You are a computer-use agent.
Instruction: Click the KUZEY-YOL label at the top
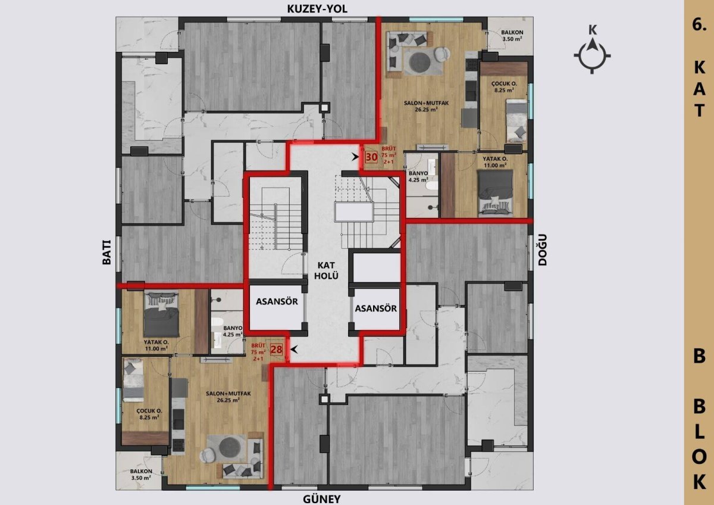click(x=317, y=9)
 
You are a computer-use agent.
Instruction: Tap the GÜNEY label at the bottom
click(x=322, y=498)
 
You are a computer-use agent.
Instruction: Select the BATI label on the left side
click(x=107, y=252)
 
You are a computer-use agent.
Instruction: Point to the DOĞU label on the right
click(x=542, y=250)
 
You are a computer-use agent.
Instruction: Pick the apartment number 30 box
click(x=372, y=157)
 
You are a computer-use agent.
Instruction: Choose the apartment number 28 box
click(x=276, y=350)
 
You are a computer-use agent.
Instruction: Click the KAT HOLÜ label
click(x=326, y=270)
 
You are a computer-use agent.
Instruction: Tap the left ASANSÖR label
click(x=277, y=301)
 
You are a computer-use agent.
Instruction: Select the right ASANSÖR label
click(x=376, y=308)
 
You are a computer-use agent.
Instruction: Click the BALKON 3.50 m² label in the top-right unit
click(x=512, y=36)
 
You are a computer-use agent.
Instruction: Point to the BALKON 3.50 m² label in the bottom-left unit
click(x=141, y=475)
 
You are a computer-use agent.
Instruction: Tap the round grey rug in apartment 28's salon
click(x=228, y=446)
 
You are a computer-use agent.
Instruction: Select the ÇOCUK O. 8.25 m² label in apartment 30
click(x=505, y=87)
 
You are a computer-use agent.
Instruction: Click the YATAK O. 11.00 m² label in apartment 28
click(x=156, y=345)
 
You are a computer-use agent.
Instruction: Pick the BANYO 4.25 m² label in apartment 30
click(x=418, y=176)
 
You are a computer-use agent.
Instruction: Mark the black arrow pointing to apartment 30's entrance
click(x=356, y=157)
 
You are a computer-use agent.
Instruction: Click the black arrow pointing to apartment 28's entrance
click(x=293, y=350)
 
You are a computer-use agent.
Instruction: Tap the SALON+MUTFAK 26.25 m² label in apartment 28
click(x=228, y=397)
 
